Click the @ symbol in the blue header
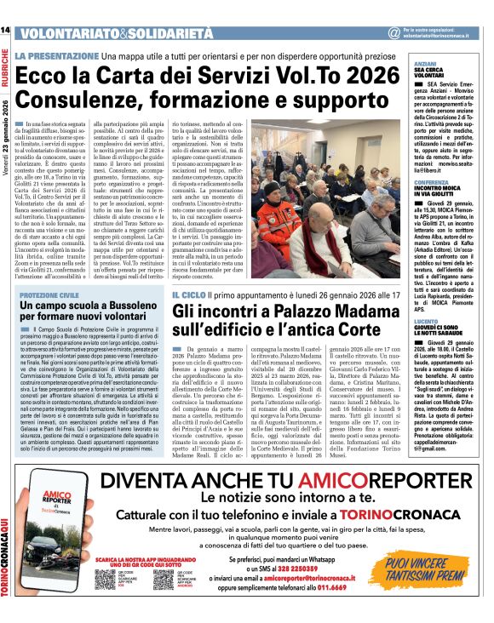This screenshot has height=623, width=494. [x=393, y=33]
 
